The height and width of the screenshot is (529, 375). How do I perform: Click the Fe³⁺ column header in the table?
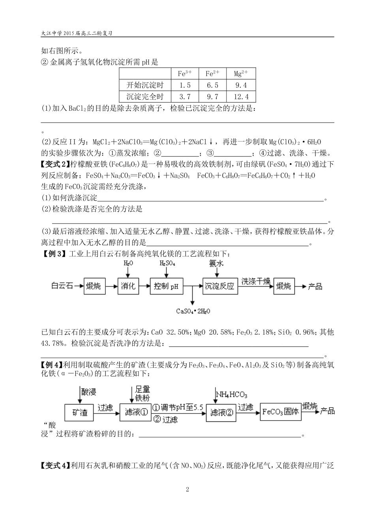pyautogui.click(x=184, y=74)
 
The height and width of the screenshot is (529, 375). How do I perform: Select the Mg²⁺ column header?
pyautogui.click(x=241, y=74)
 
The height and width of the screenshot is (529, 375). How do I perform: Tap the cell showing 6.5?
pyautogui.click(x=212, y=85)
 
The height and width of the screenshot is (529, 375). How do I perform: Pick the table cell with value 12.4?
pyautogui.click(x=241, y=97)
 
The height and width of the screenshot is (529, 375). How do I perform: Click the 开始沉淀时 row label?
pyautogui.click(x=145, y=85)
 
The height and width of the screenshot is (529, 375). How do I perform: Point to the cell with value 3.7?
pyautogui.click(x=184, y=97)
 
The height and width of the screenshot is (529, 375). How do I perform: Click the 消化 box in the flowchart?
pyautogui.click(x=128, y=286)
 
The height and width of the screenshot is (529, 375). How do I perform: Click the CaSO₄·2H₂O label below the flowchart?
pyautogui.click(x=193, y=311)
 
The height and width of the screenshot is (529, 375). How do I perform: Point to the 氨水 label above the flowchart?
pyautogui.click(x=216, y=263)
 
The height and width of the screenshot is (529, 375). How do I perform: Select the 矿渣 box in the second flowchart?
pyautogui.click(x=79, y=412)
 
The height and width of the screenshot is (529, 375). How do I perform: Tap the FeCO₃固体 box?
pyautogui.click(x=280, y=412)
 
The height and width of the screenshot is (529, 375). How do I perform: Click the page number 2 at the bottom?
pyautogui.click(x=187, y=490)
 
